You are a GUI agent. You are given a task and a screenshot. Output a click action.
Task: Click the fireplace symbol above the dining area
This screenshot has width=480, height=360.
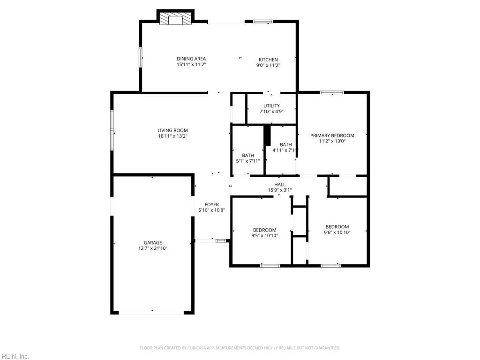coord(175,19)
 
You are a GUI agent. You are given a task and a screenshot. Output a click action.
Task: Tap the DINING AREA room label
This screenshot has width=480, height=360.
coord(191,59)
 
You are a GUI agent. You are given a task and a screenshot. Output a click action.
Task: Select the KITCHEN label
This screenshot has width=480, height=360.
coord(268,60)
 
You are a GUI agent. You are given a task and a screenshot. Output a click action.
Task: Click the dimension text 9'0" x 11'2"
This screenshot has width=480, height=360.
coord(268,66)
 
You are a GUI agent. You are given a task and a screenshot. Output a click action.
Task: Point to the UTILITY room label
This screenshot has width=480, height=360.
coord(271,105)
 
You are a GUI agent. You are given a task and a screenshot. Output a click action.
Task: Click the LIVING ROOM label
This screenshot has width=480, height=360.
coord(172,130)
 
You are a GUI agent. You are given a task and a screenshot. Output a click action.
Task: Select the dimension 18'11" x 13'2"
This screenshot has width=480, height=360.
coord(172,136)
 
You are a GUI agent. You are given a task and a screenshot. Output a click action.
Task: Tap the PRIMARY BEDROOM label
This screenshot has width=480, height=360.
coord(332,135)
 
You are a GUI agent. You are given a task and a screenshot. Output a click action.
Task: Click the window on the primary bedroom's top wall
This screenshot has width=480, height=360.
coord(332,92)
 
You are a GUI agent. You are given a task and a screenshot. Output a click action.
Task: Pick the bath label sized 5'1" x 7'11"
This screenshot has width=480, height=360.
coord(248,155)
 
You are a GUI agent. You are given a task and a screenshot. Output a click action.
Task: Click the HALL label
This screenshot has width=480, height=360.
coord(280,184)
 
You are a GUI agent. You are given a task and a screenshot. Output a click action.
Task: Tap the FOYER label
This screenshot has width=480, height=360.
coord(212,204)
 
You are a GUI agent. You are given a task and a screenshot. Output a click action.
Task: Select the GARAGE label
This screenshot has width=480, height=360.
coord(153,242)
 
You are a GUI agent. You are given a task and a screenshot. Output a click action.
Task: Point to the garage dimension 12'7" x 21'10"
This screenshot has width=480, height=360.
coord(153,248)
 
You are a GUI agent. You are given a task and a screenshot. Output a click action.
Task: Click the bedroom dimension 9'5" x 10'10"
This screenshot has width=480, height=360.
coord(265,236)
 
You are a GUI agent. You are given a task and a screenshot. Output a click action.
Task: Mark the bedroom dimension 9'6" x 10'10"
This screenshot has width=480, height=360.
coord(337,232)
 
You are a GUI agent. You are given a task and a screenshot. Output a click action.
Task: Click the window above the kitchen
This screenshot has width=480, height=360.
coord(263,21)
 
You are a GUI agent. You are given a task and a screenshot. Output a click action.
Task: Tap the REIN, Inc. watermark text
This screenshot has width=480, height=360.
coord(15,356)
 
